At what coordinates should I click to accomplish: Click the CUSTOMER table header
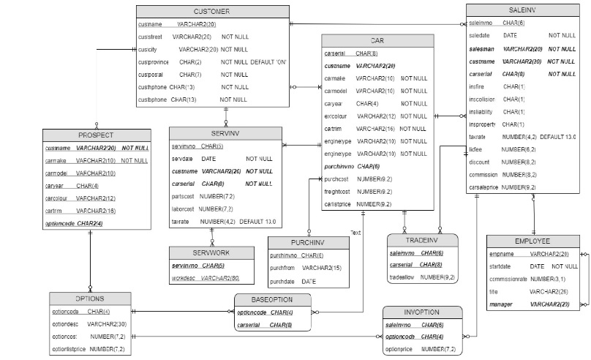pyautogui.click(x=211, y=11)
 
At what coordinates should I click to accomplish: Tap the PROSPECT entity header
pyautogui.click(x=97, y=135)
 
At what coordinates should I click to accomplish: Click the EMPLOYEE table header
pyautogui.click(x=532, y=241)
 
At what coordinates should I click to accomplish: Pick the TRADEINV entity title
pyautogui.click(x=422, y=240)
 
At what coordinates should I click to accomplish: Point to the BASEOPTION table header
pyautogui.click(x=271, y=299)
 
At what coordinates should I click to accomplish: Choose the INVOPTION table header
pyautogui.click(x=422, y=312)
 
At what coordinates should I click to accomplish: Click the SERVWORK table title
pyautogui.click(x=211, y=252)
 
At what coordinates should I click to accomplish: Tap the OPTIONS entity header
pyautogui.click(x=90, y=299)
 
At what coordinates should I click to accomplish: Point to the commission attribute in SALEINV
pyautogui.click(x=483, y=175)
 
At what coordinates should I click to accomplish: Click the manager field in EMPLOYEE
pyautogui.click(x=501, y=303)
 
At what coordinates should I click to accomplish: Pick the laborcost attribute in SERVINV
pyautogui.click(x=185, y=209)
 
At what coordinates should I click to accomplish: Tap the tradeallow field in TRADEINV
pyautogui.click(x=404, y=277)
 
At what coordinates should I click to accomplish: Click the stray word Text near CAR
pyautogui.click(x=355, y=233)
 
